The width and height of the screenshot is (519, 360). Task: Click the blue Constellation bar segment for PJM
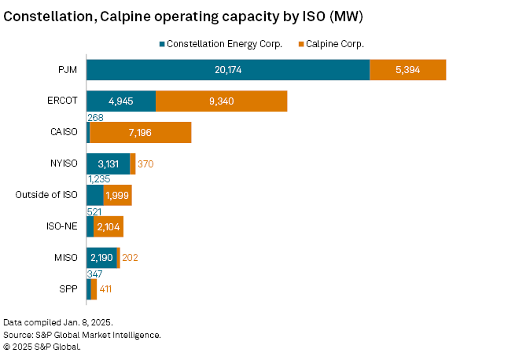pos(227,69)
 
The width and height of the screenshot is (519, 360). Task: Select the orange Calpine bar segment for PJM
pos(407,69)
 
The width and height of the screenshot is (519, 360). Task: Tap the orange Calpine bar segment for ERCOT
pos(221,101)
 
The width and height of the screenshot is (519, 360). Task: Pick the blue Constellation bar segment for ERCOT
pos(120,101)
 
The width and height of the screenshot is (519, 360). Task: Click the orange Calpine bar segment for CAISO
pos(140,132)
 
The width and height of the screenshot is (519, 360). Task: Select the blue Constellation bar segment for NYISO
pos(108,163)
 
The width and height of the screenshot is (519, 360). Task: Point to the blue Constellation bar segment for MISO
pos(101,257)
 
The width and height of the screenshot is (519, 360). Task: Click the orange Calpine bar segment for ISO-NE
pos(109,226)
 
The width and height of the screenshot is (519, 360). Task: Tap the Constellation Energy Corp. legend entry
pos(219,44)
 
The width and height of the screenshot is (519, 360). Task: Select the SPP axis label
pos(68,288)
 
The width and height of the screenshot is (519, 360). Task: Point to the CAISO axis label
pos(63,132)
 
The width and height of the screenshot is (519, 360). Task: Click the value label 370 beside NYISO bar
pos(147,163)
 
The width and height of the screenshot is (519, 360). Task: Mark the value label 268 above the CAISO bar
pos(95,117)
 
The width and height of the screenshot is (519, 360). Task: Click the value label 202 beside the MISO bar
pos(131,258)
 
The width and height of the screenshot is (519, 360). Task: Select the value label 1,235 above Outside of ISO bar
pos(98,179)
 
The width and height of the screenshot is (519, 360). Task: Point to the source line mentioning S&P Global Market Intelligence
pos(82,334)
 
